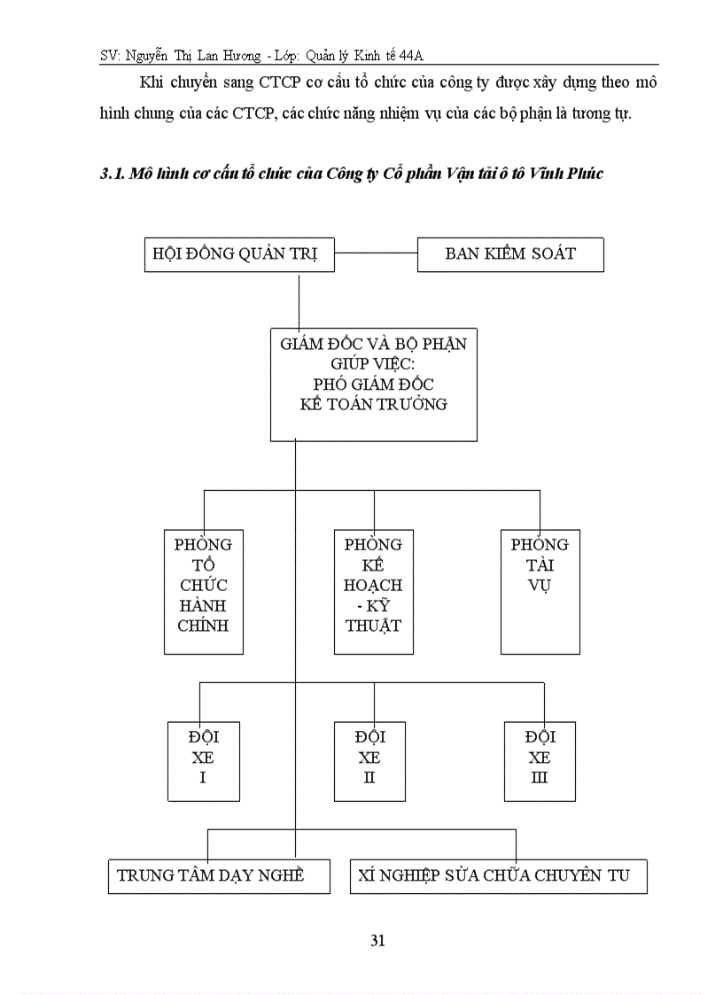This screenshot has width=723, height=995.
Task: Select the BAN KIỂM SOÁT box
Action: (x=510, y=254)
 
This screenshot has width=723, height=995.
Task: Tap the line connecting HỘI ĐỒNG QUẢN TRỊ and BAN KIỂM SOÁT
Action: (x=377, y=254)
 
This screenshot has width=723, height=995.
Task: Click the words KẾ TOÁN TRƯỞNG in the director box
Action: (x=373, y=404)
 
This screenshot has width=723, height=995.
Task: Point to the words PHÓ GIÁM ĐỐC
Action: (x=373, y=384)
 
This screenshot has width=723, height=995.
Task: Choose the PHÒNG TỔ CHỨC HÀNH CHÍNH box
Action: (x=204, y=592)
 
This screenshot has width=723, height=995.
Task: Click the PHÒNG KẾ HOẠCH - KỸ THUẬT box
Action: (x=373, y=592)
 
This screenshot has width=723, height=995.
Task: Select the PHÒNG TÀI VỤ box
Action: (x=540, y=592)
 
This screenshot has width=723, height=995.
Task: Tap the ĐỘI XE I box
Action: (x=203, y=760)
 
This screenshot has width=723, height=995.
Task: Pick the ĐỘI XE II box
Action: (x=369, y=760)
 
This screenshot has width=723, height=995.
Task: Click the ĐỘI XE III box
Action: (x=540, y=760)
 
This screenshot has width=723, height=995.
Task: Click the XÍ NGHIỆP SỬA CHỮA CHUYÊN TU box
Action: (x=498, y=875)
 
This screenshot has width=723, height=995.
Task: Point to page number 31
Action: (x=377, y=941)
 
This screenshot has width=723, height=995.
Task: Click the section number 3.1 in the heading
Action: (x=110, y=174)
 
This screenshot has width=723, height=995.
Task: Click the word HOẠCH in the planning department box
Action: (x=373, y=585)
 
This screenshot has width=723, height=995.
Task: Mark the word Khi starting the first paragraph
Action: (x=152, y=82)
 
